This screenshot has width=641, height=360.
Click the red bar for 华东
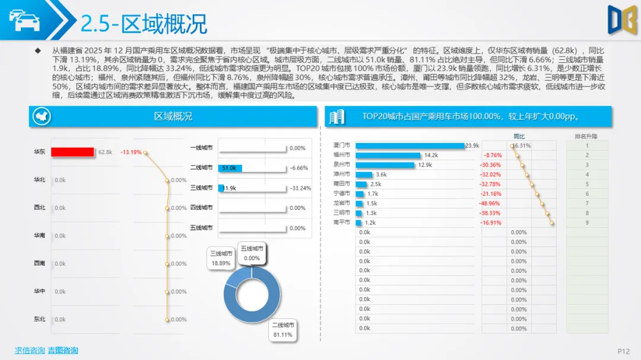tap(72, 152)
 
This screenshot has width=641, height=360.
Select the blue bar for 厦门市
tap(410, 145)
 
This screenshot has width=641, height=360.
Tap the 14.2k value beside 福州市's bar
tap(431, 155)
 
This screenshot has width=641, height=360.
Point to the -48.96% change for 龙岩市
tap(490, 203)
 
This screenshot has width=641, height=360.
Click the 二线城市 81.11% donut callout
tap(283, 330)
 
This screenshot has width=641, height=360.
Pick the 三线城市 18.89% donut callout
tap(221, 258)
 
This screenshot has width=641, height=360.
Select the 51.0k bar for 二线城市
tap(230, 168)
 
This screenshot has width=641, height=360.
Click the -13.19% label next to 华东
tap(131, 152)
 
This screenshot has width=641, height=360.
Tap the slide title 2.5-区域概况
tap(144, 24)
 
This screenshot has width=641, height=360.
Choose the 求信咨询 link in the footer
tap(30, 350)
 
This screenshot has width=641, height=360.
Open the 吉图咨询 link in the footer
tap(63, 350)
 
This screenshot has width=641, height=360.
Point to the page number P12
tap(623, 352)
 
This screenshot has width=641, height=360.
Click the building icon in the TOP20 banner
tap(337, 117)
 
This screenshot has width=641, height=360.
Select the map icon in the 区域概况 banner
tap(42, 116)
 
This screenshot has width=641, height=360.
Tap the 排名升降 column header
tap(586, 136)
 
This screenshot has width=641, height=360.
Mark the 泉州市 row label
tap(342, 165)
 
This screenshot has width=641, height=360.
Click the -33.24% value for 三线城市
tap(300, 189)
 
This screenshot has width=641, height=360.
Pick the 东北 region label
tap(40, 319)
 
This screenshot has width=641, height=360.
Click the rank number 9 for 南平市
tap(587, 222)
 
